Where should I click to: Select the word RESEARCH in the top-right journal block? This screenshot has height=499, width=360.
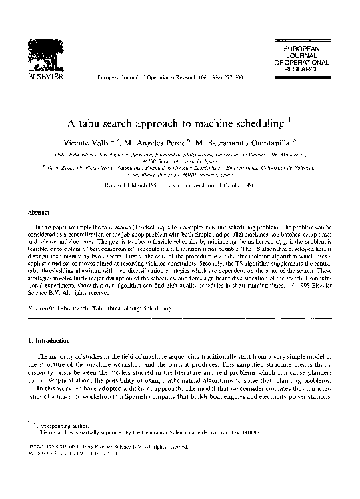coord(301,69)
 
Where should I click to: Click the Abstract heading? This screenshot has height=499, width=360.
coord(36,213)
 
